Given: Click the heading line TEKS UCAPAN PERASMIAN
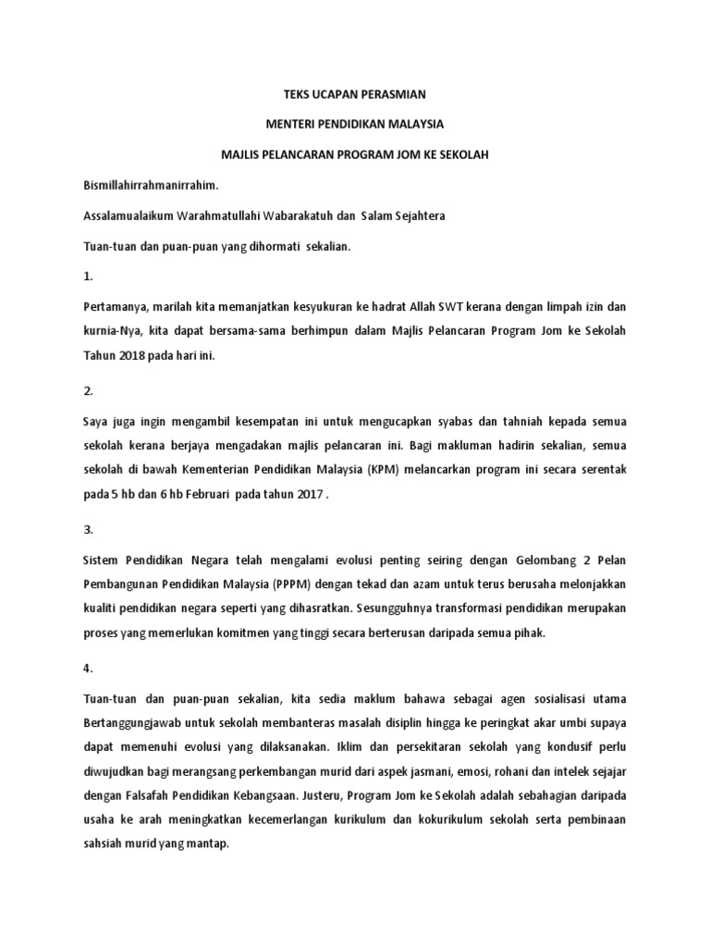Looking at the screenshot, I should click(x=355, y=93).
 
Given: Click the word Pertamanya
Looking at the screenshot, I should click(x=117, y=307).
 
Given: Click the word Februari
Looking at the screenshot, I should click(x=228, y=496).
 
